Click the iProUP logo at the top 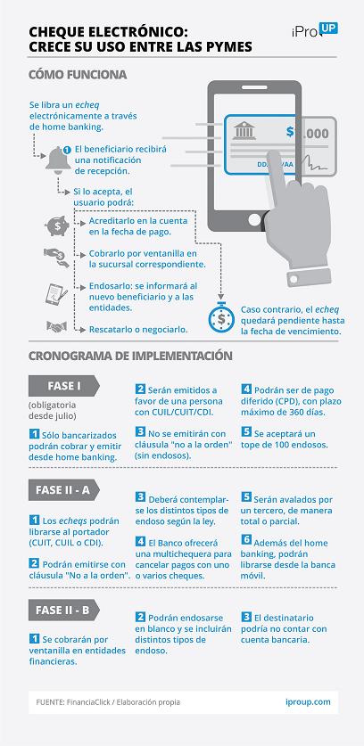314,30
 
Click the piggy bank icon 57,225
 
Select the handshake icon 56,327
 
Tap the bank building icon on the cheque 244,130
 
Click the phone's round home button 254,218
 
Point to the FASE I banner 64,386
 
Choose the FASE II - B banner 64,610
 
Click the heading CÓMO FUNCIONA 78,75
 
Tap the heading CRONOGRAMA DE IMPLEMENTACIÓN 130,356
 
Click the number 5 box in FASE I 246,433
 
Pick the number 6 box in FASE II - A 246,539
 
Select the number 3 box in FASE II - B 246,618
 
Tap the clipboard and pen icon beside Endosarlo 56,293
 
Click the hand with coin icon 56,258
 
